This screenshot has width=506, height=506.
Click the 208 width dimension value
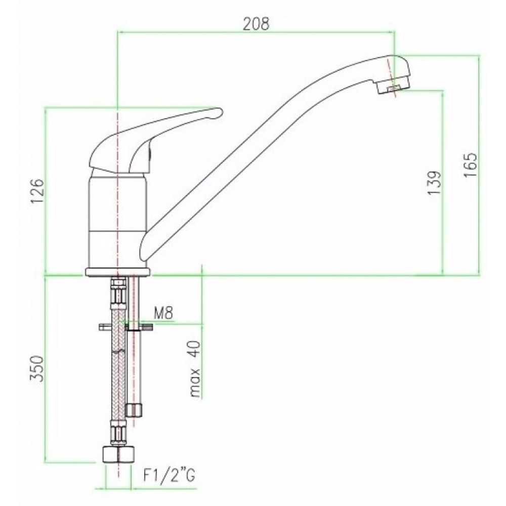[x=256, y=24]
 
